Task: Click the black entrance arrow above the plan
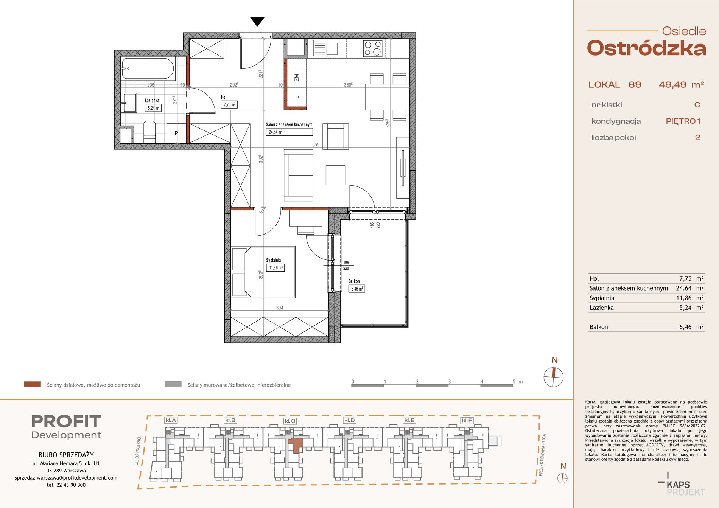point(257,22)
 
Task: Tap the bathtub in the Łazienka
point(148,68)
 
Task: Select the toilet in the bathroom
point(149,131)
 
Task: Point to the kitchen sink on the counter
point(326,48)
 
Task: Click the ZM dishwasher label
point(296,78)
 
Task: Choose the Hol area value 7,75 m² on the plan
point(229,104)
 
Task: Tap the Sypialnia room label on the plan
point(273,260)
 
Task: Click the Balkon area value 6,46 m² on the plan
point(357,289)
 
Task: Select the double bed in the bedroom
point(263,272)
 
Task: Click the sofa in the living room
point(299,175)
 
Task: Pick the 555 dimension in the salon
point(316,144)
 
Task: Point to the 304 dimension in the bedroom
point(280,308)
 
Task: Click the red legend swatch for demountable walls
point(33,384)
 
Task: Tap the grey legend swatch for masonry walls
point(173,384)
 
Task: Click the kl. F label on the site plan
point(467,420)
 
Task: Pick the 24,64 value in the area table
point(684,288)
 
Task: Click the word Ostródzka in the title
point(646,48)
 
